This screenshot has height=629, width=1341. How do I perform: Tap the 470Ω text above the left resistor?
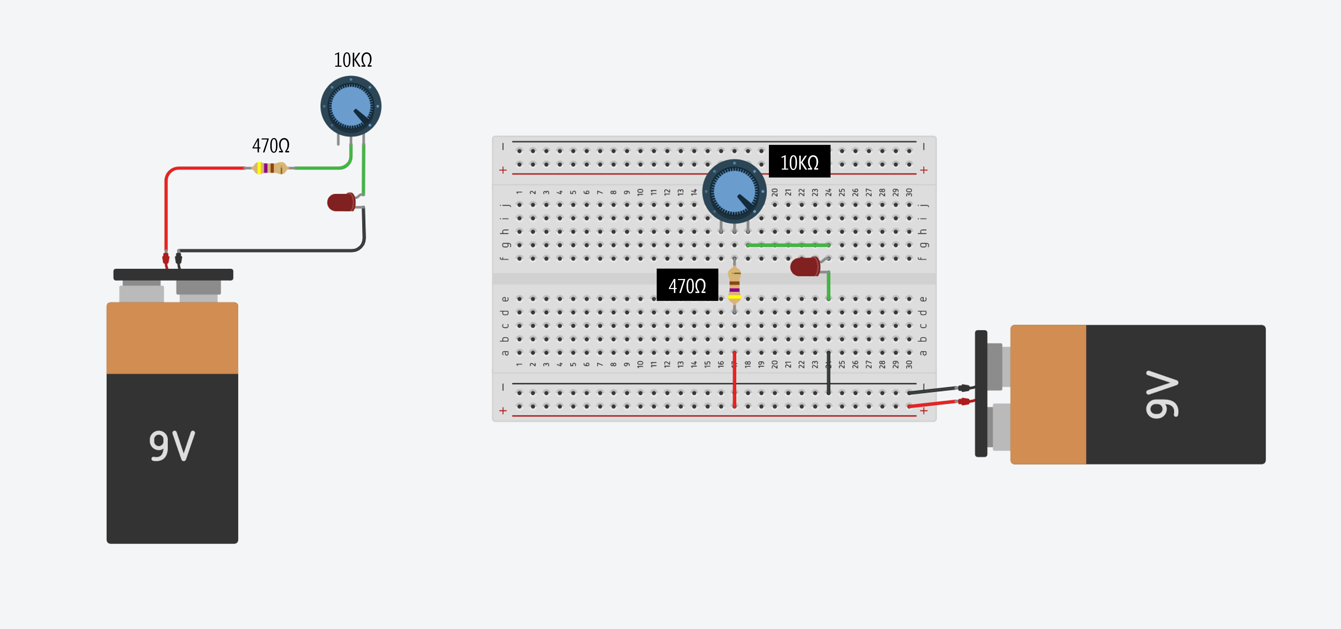[x=271, y=146]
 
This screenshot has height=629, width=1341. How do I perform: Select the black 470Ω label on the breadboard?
[x=687, y=285]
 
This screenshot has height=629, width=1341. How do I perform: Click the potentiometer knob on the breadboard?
[x=734, y=191]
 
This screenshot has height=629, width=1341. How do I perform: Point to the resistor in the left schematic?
[x=269, y=168]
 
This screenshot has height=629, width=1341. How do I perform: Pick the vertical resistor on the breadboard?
[x=734, y=285]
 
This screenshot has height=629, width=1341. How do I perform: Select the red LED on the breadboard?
[x=805, y=266]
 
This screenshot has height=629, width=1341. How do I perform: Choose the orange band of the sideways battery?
[x=1048, y=394]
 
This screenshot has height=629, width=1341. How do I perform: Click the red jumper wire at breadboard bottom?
[x=734, y=380]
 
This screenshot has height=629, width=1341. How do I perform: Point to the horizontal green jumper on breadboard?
[x=788, y=245]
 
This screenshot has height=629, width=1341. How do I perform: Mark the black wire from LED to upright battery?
[x=271, y=250]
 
